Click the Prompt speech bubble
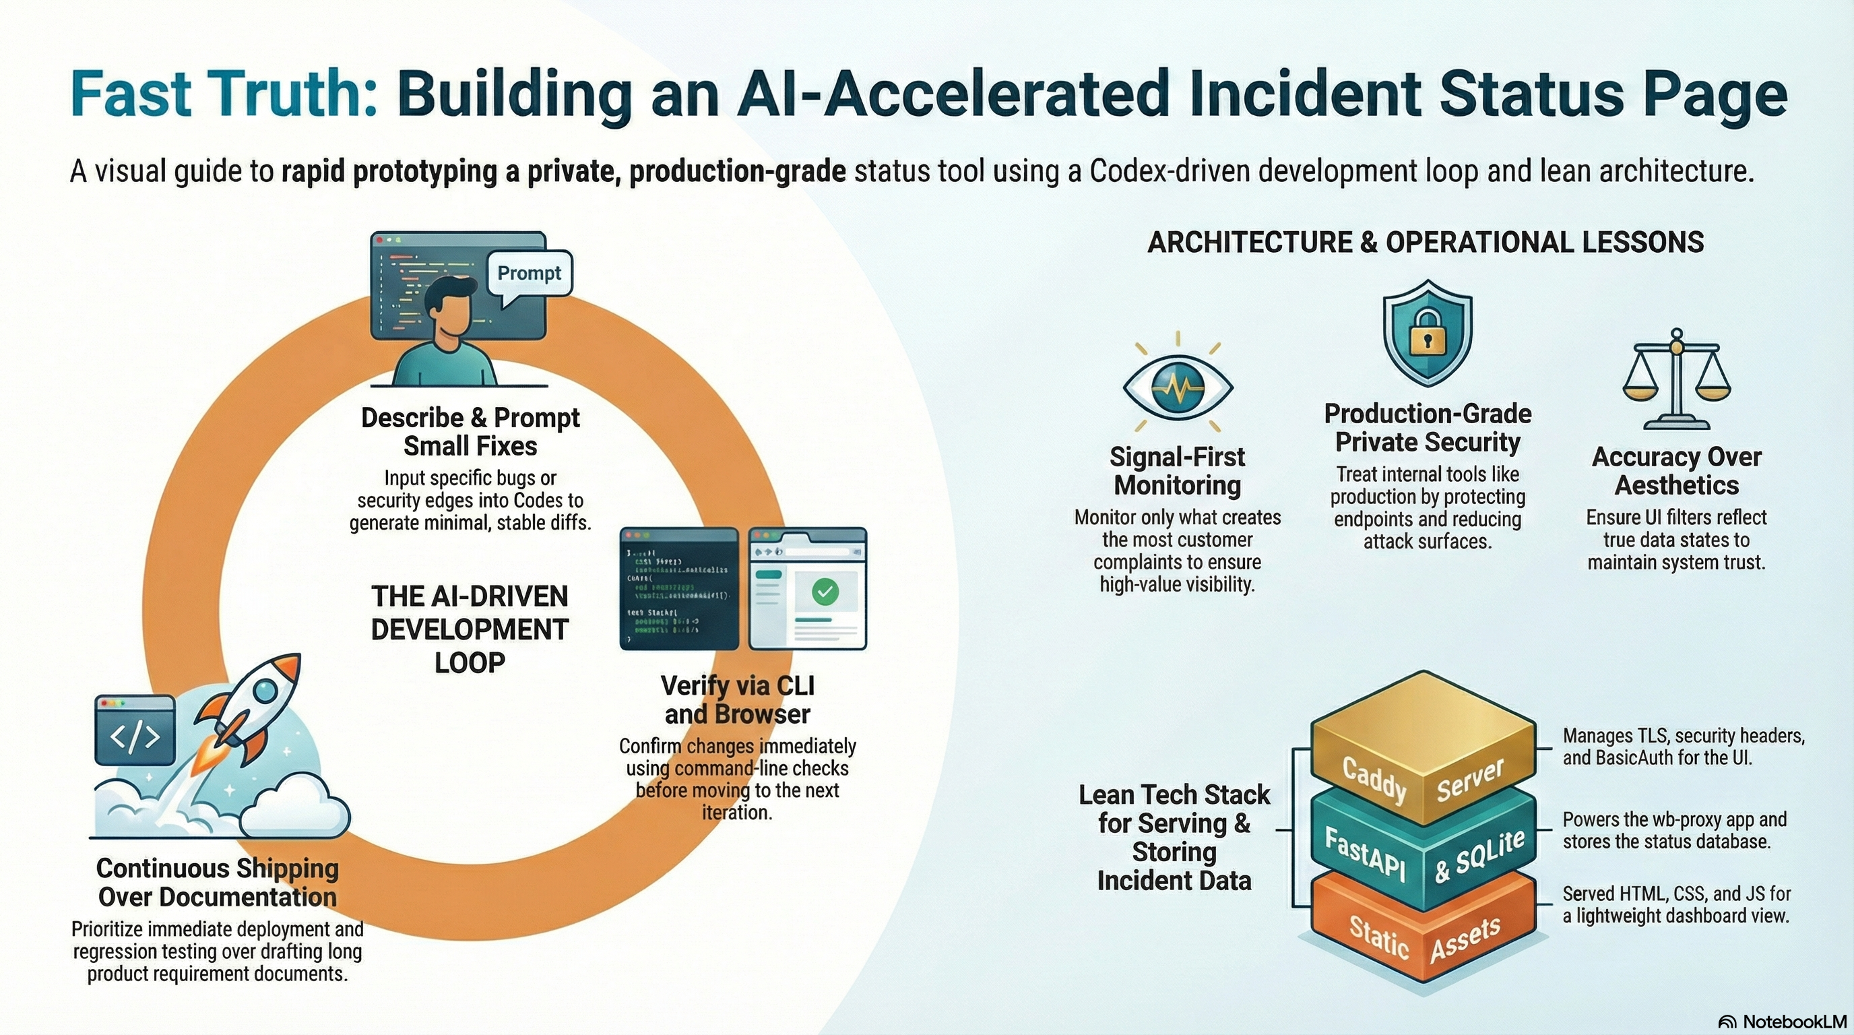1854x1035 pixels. click(x=529, y=274)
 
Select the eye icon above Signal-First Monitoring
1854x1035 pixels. click(x=1178, y=387)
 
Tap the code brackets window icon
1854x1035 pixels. click(x=135, y=730)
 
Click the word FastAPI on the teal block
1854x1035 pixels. click(x=1366, y=854)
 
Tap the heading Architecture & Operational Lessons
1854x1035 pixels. click(x=1425, y=243)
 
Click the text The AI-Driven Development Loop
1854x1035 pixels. click(x=470, y=629)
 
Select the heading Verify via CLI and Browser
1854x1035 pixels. click(x=738, y=699)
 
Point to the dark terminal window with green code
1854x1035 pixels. click(x=678, y=589)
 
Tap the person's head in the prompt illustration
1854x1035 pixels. click(x=450, y=306)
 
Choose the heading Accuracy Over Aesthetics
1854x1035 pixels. click(x=1676, y=471)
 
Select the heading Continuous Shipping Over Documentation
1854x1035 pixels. click(x=218, y=883)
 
